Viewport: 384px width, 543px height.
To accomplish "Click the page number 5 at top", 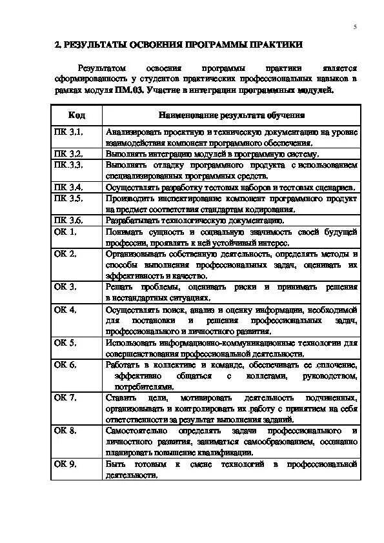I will [x=355, y=27].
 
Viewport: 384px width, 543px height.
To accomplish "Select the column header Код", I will [x=76, y=115].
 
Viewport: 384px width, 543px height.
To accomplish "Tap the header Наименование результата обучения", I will [x=231, y=115].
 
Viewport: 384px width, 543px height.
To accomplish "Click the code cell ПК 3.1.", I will [x=68, y=132].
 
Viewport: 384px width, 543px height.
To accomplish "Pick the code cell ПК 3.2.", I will [x=68, y=154].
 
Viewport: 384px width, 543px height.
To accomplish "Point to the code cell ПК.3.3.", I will [x=69, y=165].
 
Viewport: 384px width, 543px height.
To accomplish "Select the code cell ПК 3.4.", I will [x=68, y=187].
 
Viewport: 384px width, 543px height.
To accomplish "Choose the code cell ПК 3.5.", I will [x=68, y=198].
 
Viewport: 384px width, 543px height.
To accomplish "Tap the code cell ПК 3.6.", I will [x=68, y=220].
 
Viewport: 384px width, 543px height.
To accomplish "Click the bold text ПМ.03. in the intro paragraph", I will [x=130, y=91].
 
